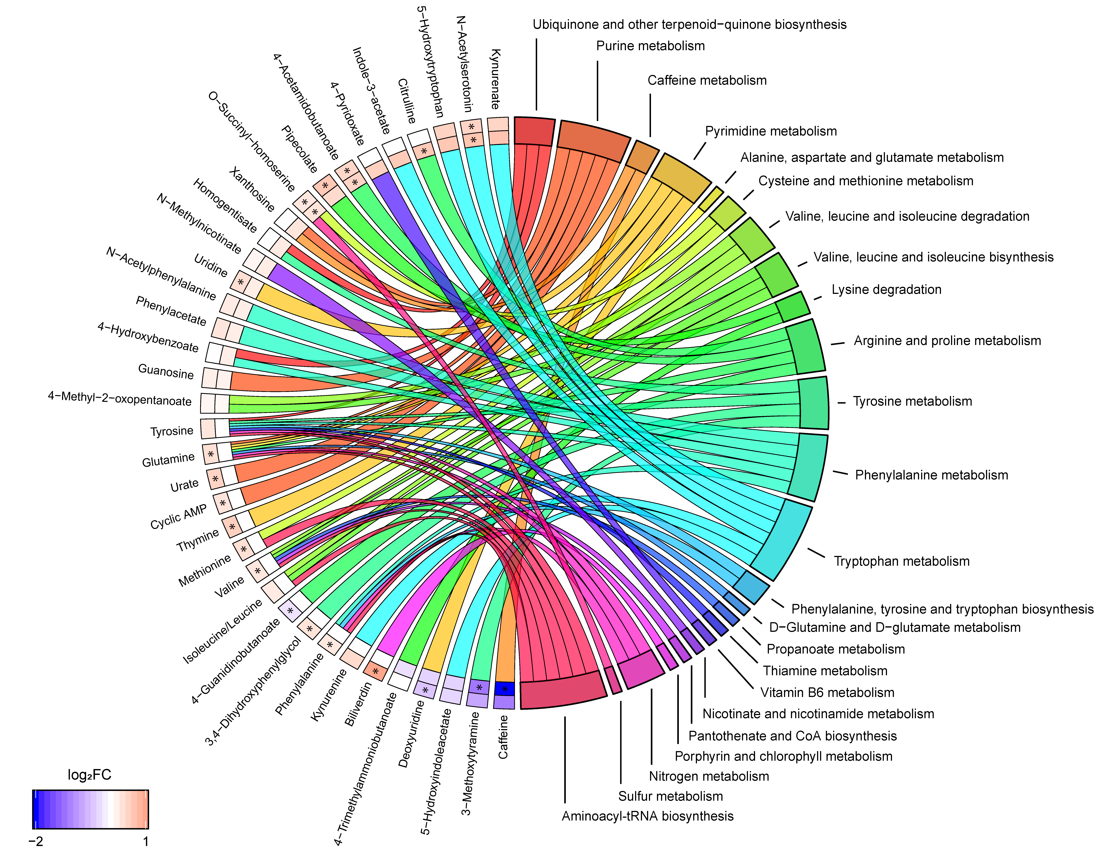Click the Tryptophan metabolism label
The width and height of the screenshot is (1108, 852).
(901, 561)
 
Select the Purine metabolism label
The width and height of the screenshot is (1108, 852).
(650, 46)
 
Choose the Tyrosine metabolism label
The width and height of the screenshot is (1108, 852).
(912, 402)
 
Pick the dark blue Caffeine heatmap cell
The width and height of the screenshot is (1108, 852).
(505, 689)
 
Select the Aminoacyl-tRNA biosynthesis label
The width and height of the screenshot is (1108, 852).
(647, 816)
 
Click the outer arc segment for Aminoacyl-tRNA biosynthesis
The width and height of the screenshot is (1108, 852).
(563, 690)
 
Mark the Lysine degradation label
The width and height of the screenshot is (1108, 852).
(886, 290)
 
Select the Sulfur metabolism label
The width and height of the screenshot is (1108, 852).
(670, 796)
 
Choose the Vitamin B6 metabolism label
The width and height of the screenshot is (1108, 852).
(827, 693)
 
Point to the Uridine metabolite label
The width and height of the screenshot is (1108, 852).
(210, 266)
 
